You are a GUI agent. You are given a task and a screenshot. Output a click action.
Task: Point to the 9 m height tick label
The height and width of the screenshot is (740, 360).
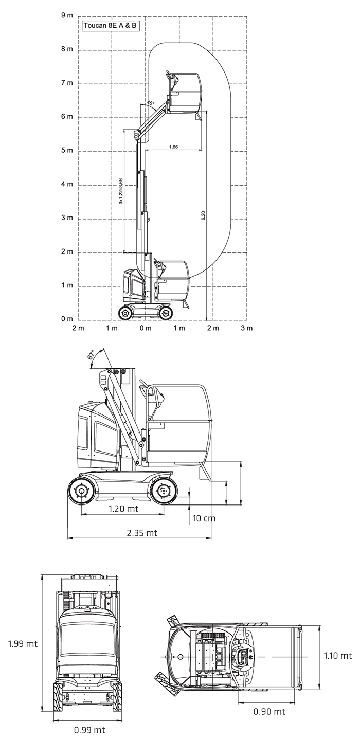[x=67, y=15]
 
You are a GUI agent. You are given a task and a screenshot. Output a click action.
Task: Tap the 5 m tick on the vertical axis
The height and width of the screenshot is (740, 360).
[x=67, y=150]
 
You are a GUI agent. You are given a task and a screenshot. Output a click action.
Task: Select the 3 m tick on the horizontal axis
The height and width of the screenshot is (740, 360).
[x=247, y=328]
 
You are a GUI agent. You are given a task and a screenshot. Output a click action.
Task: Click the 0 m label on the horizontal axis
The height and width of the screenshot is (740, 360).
[x=146, y=328]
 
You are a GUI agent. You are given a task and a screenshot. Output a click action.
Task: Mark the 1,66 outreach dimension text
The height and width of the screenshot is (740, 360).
[x=173, y=147]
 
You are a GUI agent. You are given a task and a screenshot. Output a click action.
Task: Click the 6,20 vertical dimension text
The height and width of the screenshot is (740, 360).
[x=203, y=215]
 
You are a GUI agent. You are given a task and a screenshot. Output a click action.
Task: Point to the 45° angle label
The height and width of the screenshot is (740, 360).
[x=150, y=104]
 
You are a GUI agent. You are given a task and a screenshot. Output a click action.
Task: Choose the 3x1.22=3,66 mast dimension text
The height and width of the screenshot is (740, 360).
[x=121, y=191]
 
